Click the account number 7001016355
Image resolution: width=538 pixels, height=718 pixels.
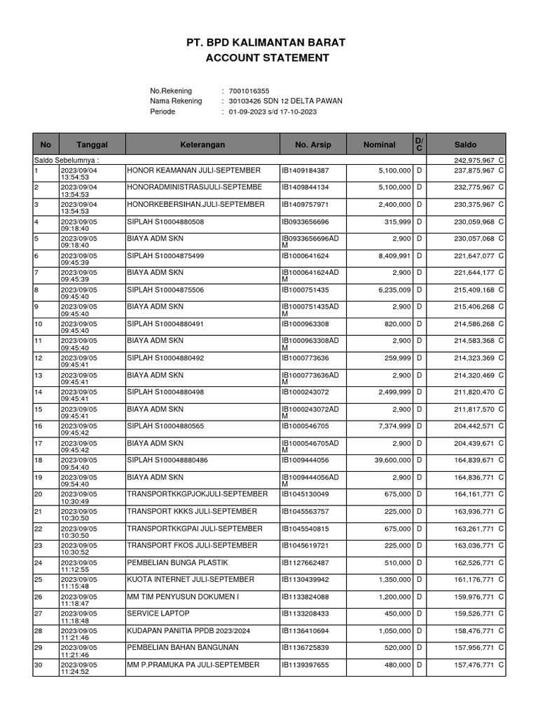[x=249, y=91]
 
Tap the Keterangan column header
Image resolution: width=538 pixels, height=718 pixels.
[x=202, y=144]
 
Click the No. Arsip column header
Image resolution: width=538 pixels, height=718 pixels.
[x=312, y=144]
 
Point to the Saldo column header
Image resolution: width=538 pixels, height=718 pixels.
[x=465, y=144]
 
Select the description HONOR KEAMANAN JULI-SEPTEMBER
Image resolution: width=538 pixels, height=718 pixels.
[x=193, y=170]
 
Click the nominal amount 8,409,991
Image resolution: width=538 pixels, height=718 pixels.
[x=392, y=255]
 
